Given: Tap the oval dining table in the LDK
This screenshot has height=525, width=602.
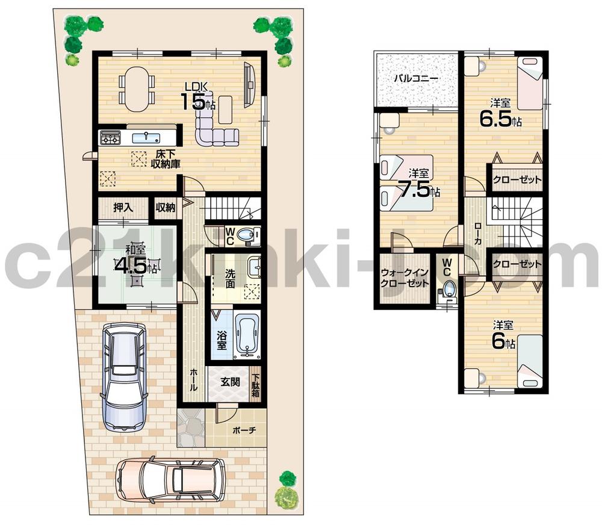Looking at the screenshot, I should [x=137, y=89].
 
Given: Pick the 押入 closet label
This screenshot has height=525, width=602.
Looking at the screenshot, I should [x=123, y=208].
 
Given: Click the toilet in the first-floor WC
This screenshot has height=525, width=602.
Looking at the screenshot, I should [x=246, y=235].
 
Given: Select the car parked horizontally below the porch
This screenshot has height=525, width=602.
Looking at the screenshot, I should [x=171, y=479].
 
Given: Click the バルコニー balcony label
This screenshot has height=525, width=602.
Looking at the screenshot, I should [x=416, y=78].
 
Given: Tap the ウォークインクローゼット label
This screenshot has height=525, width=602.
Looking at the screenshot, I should [x=405, y=278].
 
